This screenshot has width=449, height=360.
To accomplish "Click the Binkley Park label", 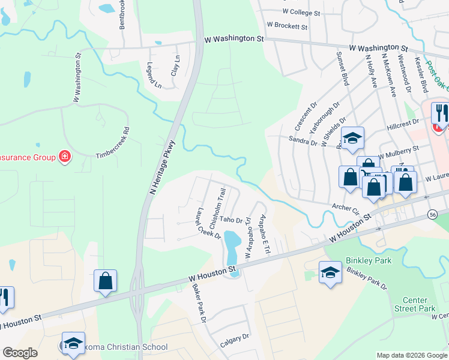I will pyautogui.click(x=368, y=261).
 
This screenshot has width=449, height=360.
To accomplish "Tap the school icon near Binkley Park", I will pyautogui.click(x=330, y=273).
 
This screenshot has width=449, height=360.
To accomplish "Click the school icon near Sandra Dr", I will pyautogui.click(x=352, y=138).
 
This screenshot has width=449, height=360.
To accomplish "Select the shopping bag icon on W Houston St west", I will pyautogui.click(x=105, y=281).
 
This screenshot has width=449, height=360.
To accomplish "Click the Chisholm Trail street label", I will pyautogui.click(x=217, y=208).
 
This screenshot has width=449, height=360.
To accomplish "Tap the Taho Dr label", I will pyautogui.click(x=234, y=220).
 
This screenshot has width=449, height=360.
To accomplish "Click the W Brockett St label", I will pyautogui.click(x=287, y=27).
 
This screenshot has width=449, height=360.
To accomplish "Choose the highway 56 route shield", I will pyautogui.click(x=432, y=213).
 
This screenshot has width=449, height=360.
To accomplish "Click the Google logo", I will pyautogui.click(x=20, y=352).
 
